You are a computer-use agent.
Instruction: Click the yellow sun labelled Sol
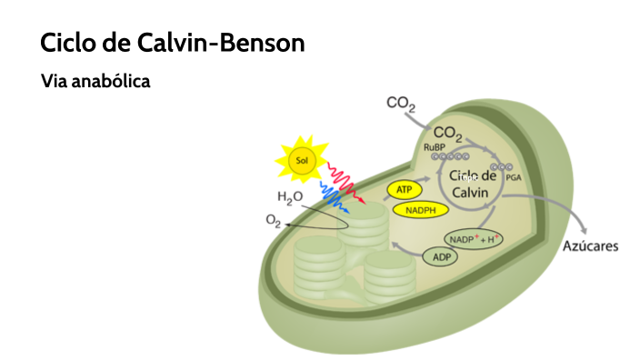coord(303,162)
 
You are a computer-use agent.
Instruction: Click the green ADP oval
coord(440,256)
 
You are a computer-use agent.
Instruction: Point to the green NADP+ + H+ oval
coord(474,238)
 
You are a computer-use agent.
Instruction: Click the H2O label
coord(290,197)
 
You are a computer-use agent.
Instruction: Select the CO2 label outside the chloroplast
coord(401,105)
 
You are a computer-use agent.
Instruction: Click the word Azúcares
coord(590,246)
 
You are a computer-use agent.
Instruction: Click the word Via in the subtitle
coord(52,82)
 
